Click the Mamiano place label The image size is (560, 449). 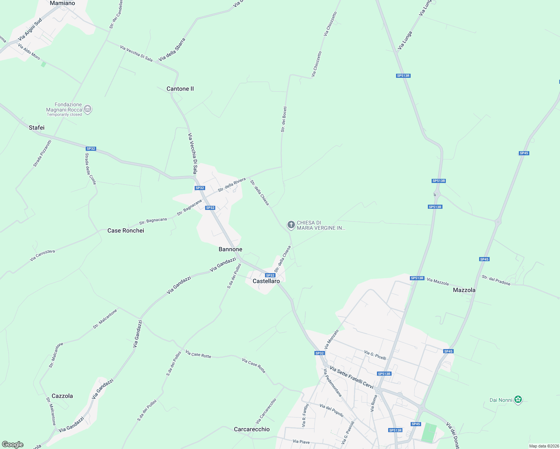62,3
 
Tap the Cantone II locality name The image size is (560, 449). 180,89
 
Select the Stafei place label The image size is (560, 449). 37,128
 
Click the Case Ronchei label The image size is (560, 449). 126,230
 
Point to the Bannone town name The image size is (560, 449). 230,249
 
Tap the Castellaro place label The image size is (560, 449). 266,281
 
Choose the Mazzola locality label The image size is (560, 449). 464,290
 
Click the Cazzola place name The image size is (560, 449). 62,396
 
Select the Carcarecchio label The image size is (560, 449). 252,429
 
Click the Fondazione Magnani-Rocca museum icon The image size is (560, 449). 88,109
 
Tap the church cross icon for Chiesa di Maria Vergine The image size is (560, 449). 291,225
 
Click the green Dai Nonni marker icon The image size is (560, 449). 518,400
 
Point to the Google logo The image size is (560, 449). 13,445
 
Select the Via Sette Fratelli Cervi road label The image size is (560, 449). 351,378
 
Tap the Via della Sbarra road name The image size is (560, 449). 172,50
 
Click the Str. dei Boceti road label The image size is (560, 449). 284,119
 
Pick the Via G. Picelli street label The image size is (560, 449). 375,355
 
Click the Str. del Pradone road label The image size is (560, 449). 496,280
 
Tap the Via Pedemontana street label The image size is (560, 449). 332,382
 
